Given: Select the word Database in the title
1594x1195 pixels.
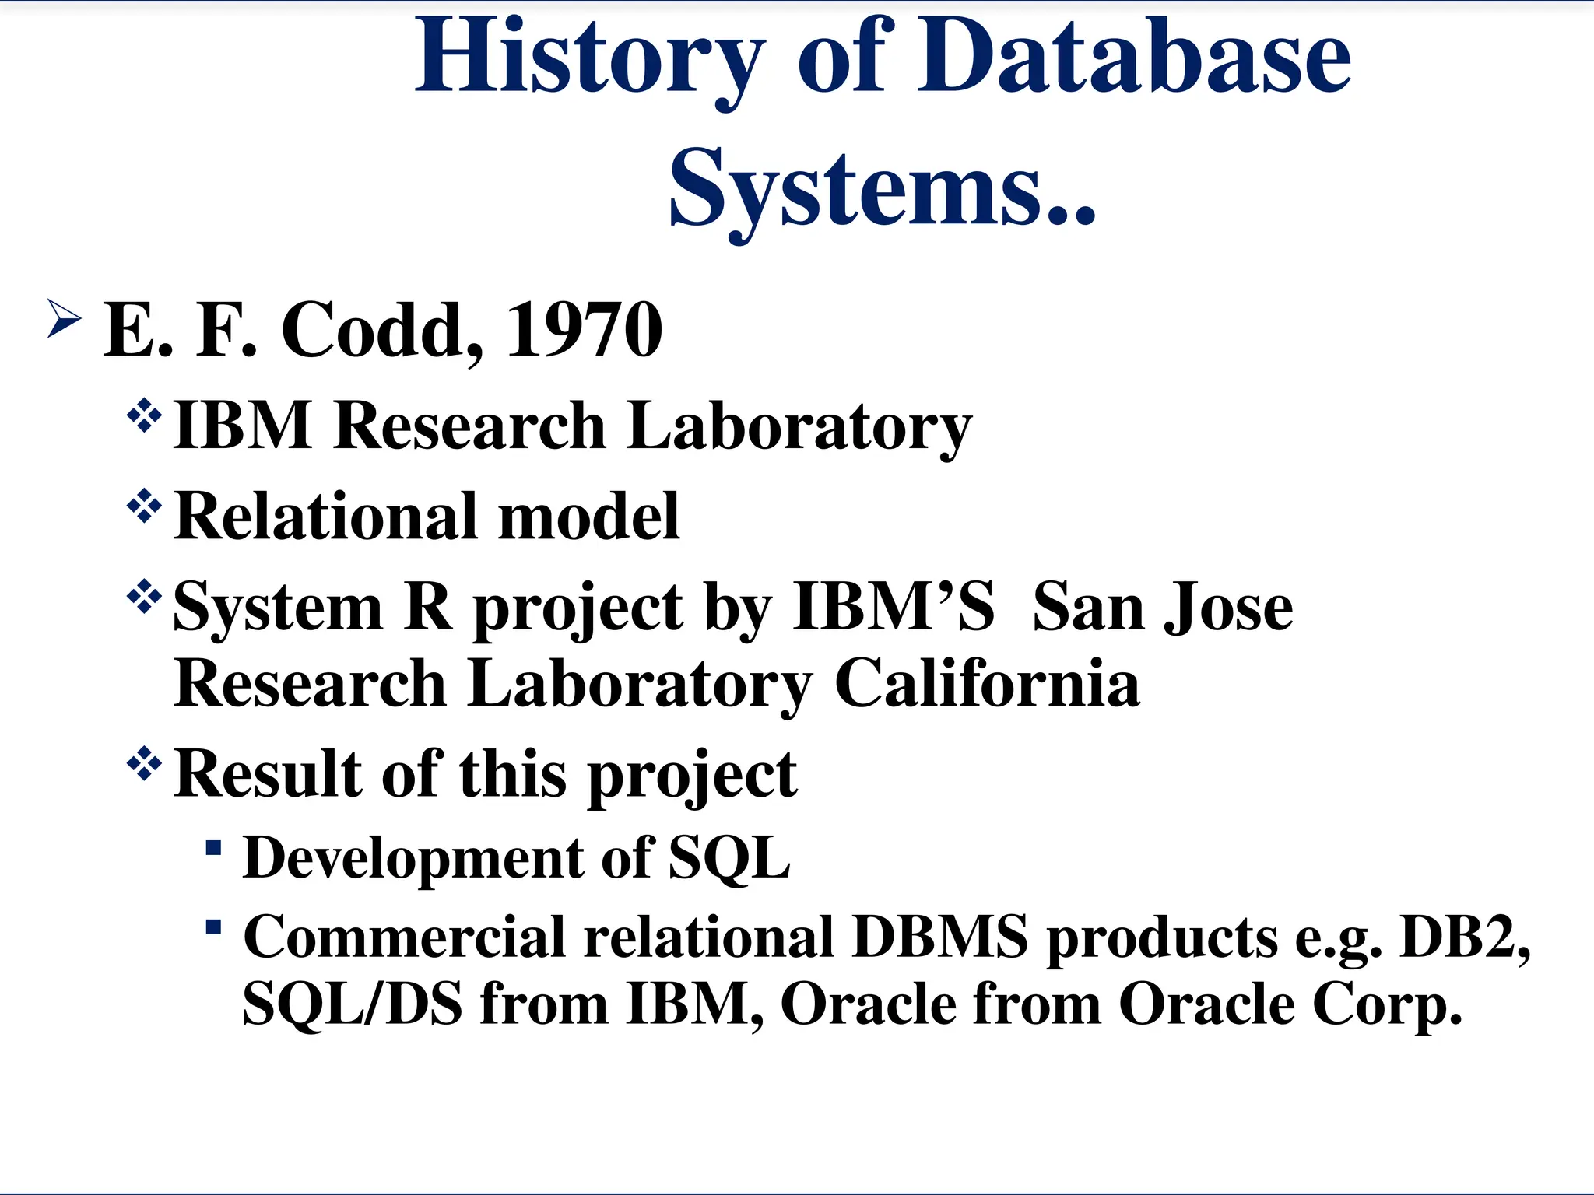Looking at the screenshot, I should point(1134,58).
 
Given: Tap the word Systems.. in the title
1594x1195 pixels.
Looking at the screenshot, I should point(882,189).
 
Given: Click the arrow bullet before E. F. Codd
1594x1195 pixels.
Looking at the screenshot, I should point(64,318).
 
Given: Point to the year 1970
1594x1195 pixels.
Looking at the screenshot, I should point(584,331).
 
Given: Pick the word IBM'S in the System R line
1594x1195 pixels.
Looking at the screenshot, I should point(894,607).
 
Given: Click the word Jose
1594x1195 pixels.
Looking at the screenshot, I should point(1227,607).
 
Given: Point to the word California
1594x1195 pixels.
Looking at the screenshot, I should point(987,683).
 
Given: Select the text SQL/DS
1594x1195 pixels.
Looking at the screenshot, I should point(352,1004).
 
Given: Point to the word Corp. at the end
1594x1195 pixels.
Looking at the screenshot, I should point(1387,1004).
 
